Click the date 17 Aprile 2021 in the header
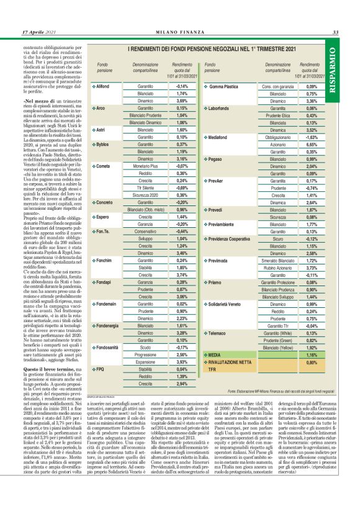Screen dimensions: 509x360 pyautogui.click(x=39, y=32)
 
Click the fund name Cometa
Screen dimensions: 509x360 pyautogui.click(x=103, y=167)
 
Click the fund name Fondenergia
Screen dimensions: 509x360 pyautogui.click(x=110, y=325)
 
